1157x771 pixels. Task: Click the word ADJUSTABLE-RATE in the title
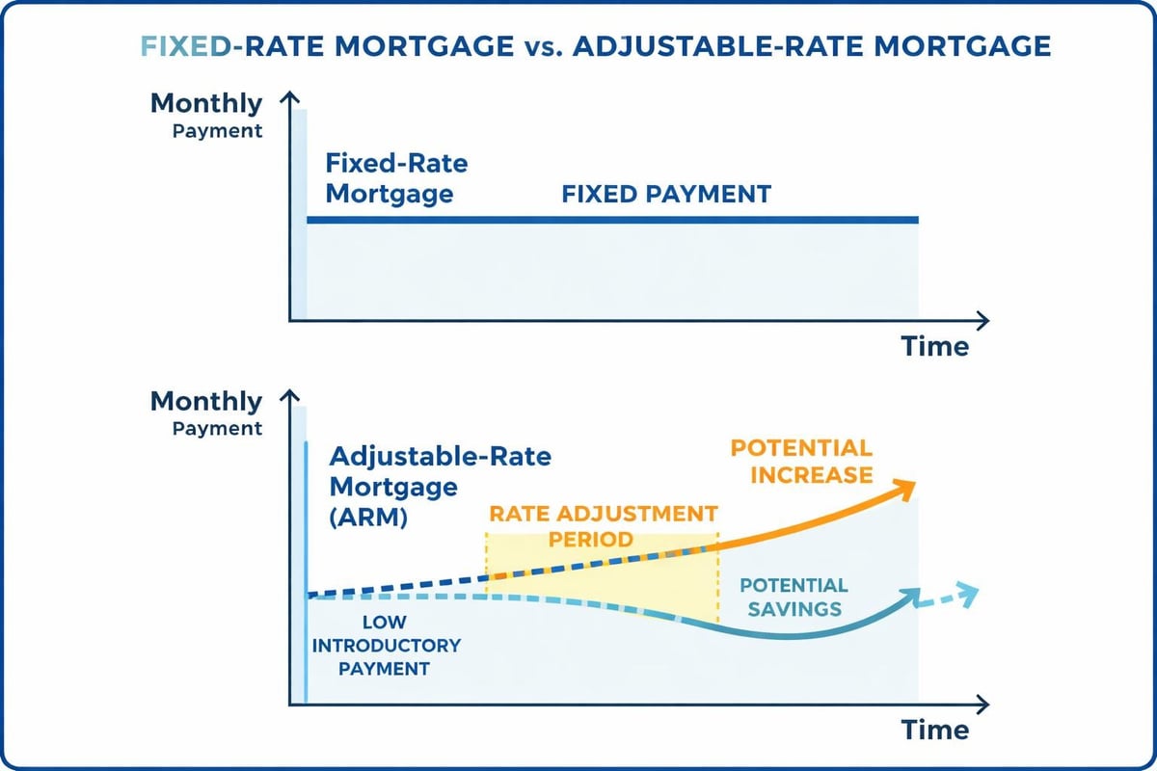[x=690, y=46]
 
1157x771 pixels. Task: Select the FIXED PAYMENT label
[x=666, y=194]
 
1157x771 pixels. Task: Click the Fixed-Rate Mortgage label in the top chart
[x=395, y=178]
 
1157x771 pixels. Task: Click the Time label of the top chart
[x=934, y=347]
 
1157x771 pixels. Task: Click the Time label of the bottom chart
[x=934, y=730]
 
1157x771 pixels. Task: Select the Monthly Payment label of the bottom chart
[x=206, y=413]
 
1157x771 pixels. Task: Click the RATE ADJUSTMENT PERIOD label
[x=603, y=525]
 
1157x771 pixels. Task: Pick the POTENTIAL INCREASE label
[x=800, y=461]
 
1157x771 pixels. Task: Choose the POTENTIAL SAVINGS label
[x=793, y=598]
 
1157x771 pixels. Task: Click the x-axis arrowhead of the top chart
[x=981, y=320]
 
